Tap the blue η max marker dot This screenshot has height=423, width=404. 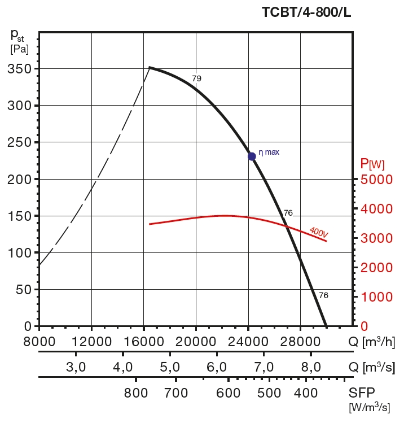(x=252, y=156)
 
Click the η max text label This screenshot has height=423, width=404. (x=269, y=152)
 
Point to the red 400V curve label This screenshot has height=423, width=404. (x=319, y=232)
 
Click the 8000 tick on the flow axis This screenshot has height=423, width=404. (x=39, y=342)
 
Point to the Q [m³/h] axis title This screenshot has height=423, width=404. (x=371, y=342)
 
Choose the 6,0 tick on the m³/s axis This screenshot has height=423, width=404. (x=217, y=367)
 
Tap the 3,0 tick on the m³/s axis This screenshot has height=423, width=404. (x=76, y=367)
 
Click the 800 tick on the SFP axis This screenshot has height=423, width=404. (x=135, y=393)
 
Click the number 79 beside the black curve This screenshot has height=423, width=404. (x=196, y=79)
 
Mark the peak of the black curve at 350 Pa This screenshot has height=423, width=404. (x=149, y=68)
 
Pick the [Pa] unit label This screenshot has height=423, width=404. (x=19, y=49)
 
